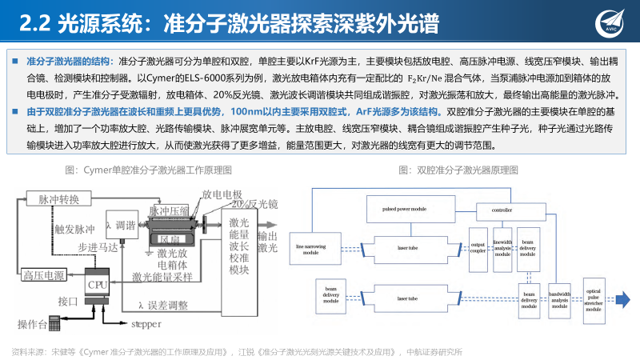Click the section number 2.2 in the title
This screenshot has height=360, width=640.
[x=34, y=24]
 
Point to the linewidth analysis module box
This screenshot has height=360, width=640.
[x=502, y=248]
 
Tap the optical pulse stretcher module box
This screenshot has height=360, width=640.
[x=593, y=301]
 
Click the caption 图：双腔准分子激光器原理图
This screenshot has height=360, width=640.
[x=456, y=170]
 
